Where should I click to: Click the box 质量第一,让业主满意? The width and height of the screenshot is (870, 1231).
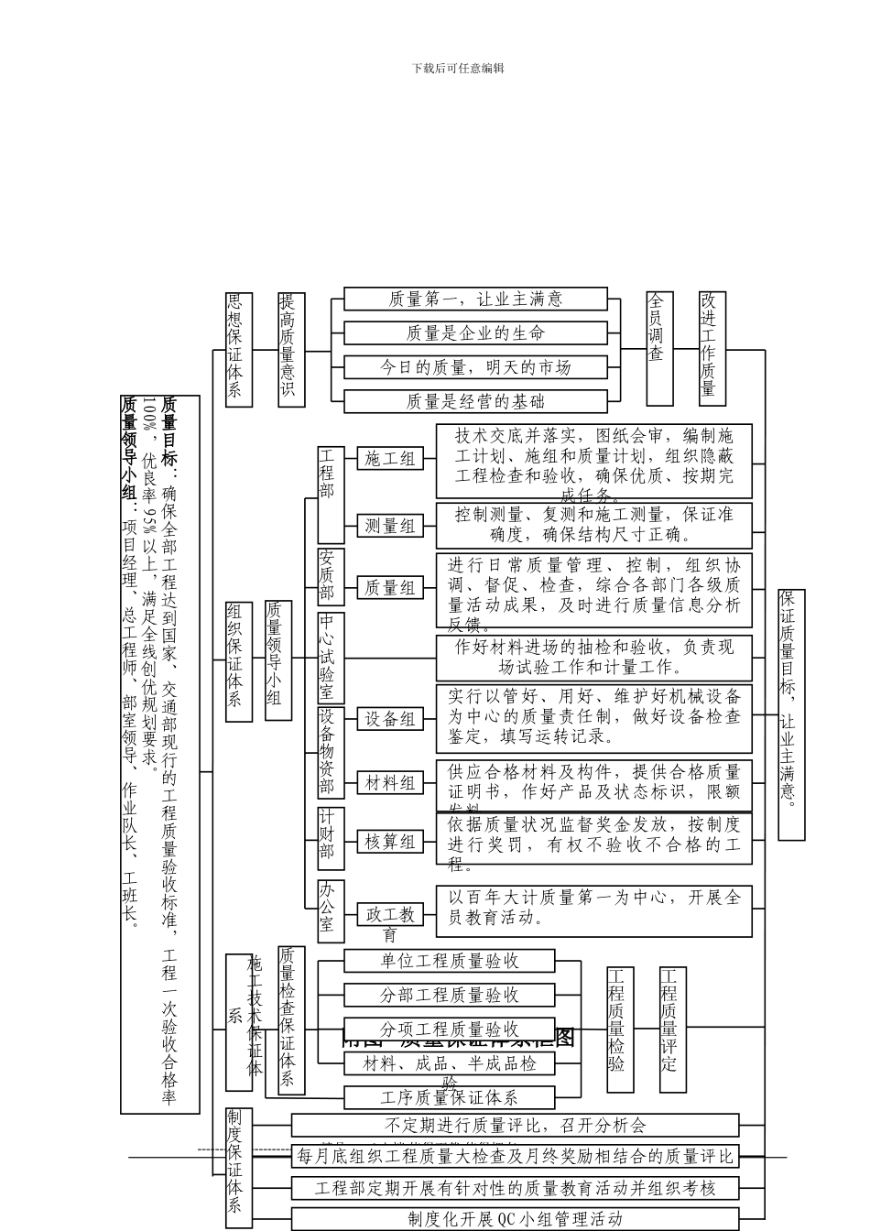point(475,299)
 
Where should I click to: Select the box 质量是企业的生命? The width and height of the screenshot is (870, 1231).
point(475,332)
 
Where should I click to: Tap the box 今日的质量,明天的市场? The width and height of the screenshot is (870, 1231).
point(475,367)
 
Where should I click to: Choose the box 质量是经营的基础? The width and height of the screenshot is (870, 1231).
point(475,401)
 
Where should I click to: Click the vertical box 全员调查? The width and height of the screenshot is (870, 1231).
point(659,348)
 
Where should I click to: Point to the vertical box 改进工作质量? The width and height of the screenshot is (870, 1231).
point(712,348)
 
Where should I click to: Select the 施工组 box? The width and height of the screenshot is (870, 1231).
point(390,459)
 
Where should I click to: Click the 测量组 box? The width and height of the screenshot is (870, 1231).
point(390,526)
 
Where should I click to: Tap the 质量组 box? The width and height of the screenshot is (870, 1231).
point(390,588)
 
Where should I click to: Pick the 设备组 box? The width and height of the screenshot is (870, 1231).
point(390,719)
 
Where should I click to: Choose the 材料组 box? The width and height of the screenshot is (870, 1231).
point(390,783)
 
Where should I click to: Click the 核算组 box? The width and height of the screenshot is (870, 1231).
point(390,841)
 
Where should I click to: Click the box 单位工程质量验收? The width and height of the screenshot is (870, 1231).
point(450,961)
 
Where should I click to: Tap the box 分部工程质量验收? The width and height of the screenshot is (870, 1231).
point(450,995)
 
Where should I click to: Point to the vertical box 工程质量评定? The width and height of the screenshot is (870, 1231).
point(672,1030)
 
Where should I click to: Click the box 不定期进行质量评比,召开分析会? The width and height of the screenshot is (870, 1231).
point(515,1125)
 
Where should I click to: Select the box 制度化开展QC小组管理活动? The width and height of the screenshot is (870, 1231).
point(515,1219)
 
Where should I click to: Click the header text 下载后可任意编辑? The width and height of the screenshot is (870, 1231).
point(458,68)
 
